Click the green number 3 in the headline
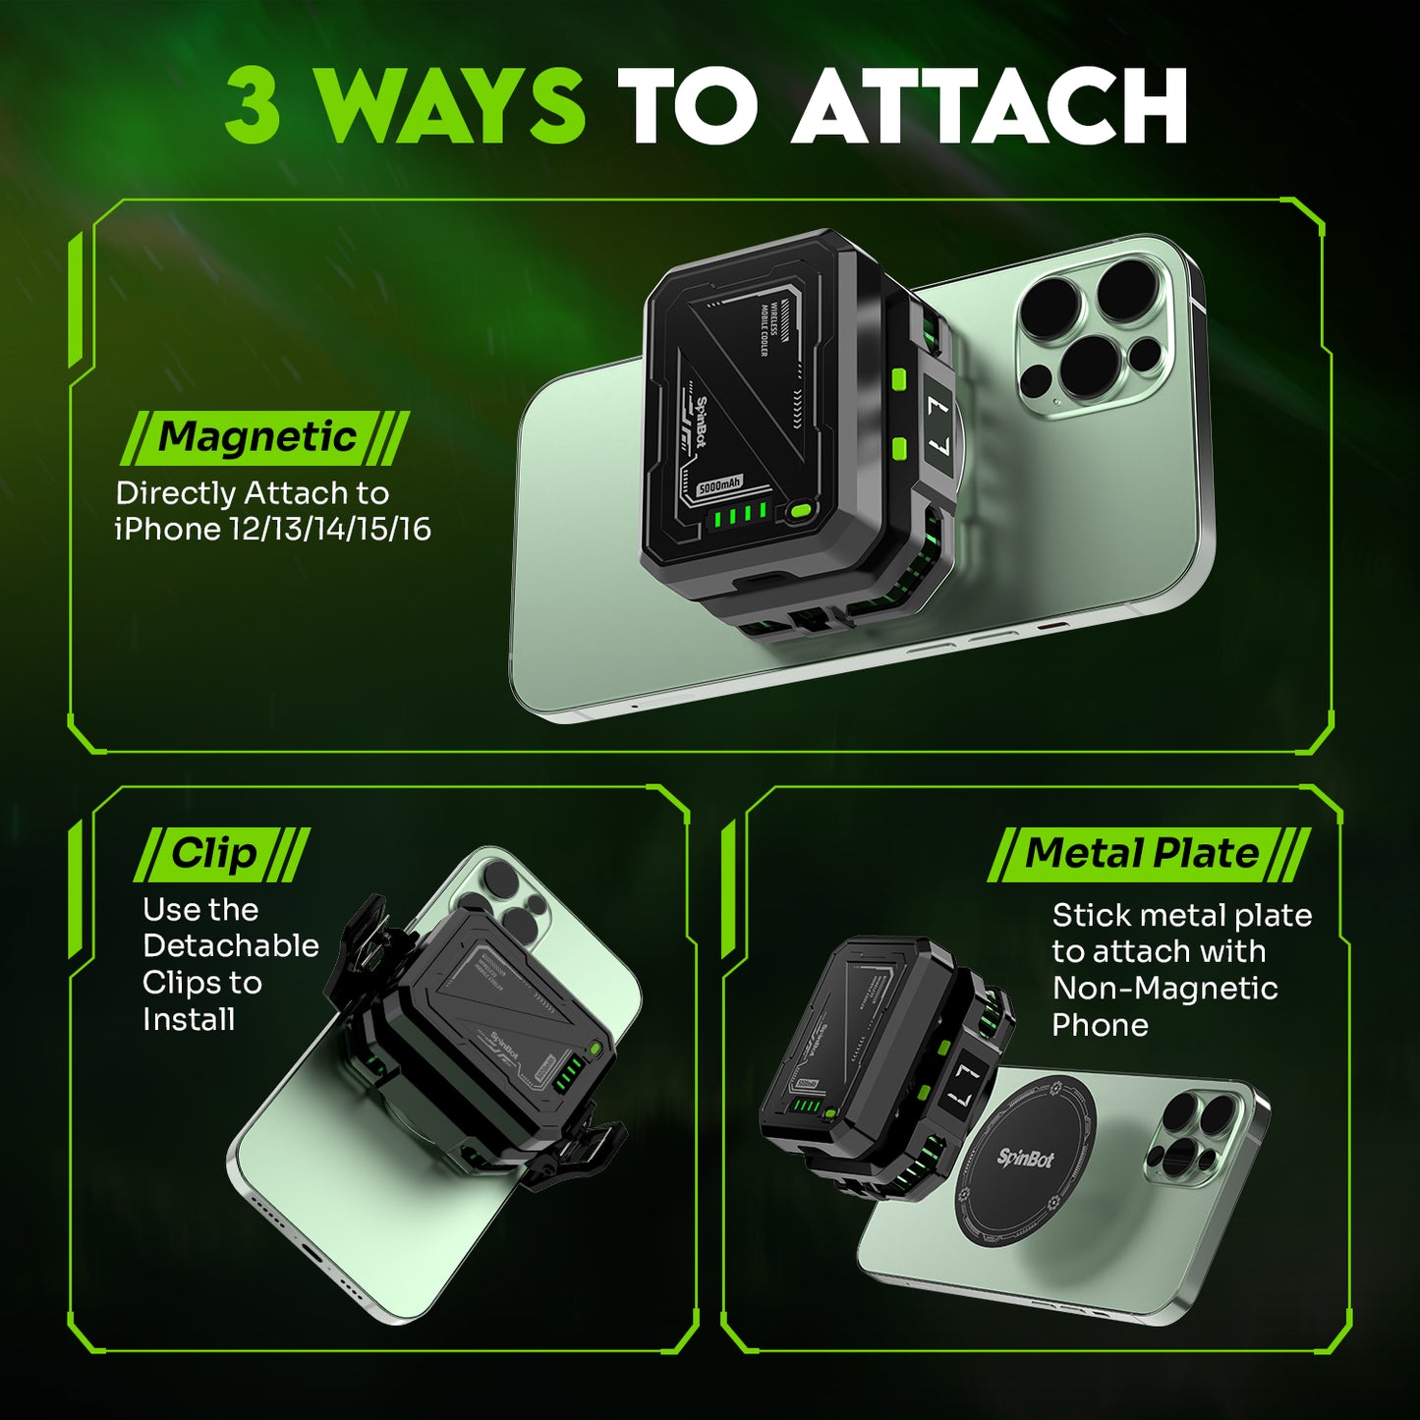(x=254, y=106)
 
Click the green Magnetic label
(x=257, y=437)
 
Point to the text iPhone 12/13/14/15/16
(x=272, y=530)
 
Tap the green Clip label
(x=213, y=854)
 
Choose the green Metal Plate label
(x=1141, y=854)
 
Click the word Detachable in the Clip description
(x=230, y=945)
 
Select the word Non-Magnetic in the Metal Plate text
(x=1164, y=988)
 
